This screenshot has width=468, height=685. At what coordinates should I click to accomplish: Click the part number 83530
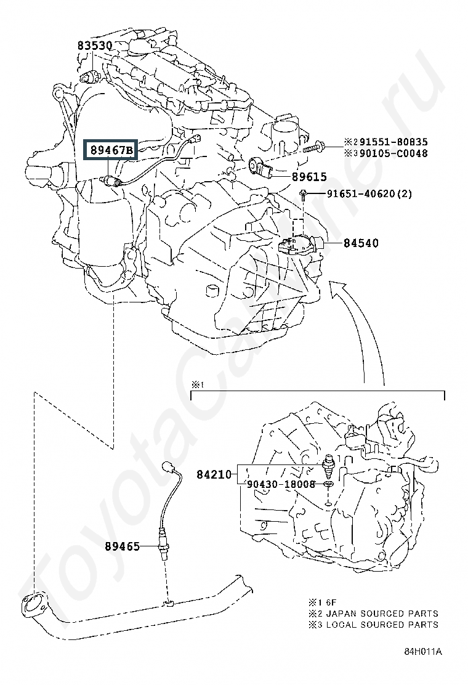click(94, 46)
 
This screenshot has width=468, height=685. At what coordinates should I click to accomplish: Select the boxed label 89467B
click(111, 150)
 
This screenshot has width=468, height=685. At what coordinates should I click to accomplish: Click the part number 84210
click(214, 474)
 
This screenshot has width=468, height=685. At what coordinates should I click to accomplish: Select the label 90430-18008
click(281, 484)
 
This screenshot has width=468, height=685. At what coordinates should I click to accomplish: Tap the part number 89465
click(122, 546)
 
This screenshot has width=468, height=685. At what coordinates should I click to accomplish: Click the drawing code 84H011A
click(423, 651)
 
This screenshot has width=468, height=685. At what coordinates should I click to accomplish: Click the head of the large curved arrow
click(338, 287)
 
